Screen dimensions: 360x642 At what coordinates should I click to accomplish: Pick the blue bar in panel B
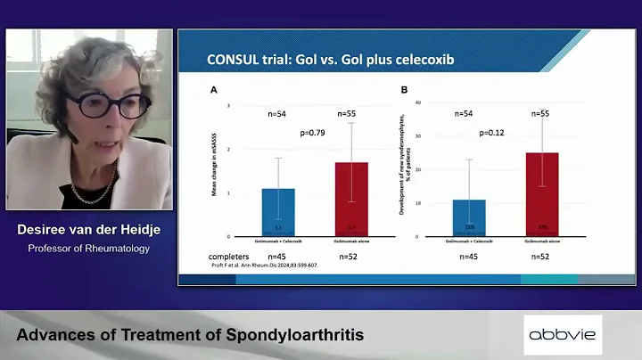click(x=469, y=217)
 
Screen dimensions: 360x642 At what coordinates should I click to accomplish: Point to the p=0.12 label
click(x=491, y=134)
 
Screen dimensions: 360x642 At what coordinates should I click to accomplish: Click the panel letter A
click(x=213, y=90)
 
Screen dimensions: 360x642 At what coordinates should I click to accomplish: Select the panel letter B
click(x=405, y=90)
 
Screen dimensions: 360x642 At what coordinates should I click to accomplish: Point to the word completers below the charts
click(x=234, y=257)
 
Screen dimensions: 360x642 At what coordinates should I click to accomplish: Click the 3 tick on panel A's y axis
click(x=229, y=106)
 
